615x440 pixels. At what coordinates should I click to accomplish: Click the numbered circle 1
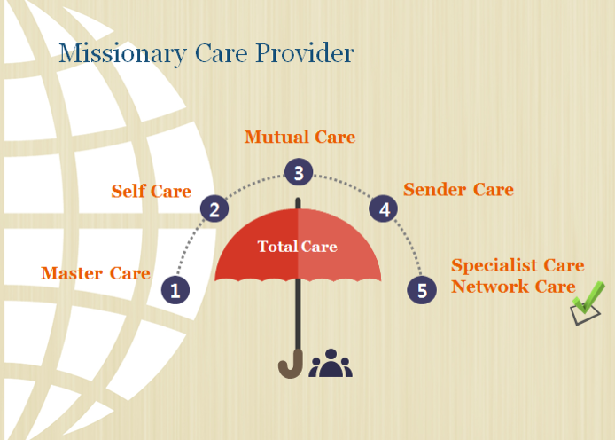(175, 290)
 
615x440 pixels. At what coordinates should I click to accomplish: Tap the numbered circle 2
(214, 208)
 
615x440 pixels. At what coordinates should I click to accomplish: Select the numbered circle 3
(299, 172)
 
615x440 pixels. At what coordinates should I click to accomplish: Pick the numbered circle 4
(383, 208)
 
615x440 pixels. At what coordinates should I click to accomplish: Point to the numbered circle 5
(422, 290)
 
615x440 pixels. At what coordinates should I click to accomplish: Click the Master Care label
(96, 273)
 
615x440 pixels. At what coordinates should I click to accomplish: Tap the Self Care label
(152, 191)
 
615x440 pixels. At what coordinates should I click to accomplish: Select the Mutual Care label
(300, 137)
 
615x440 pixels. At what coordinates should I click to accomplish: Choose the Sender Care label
(458, 190)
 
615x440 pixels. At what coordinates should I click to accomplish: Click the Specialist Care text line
(518, 266)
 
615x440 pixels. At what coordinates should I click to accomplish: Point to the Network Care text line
(513, 287)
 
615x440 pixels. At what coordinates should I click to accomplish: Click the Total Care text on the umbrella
(297, 247)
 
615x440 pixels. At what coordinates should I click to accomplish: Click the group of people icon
(331, 363)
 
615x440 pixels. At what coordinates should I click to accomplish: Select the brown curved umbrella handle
(291, 365)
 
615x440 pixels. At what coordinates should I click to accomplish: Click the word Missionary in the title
(123, 53)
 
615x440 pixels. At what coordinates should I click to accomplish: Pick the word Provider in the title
(305, 52)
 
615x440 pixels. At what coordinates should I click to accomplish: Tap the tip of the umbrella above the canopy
(298, 199)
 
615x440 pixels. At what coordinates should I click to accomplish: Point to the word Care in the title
(222, 53)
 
